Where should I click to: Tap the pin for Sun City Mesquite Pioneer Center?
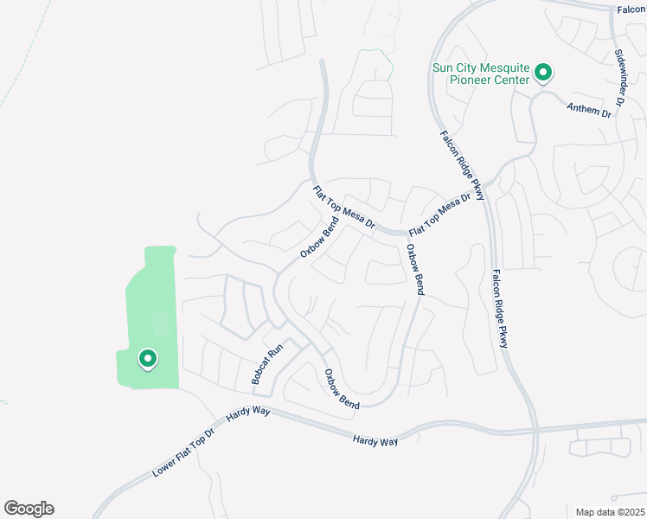[x=543, y=73]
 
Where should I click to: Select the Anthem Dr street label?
[x=589, y=110]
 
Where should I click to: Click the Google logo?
[x=29, y=509]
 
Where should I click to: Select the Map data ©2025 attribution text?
[x=609, y=511]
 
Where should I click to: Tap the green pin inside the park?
[x=147, y=357]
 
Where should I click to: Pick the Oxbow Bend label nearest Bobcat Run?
[x=342, y=389]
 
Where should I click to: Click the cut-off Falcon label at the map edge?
[x=632, y=10]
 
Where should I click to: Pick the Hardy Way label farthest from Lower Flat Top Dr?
[x=375, y=441]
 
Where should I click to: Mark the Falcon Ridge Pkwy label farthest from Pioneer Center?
[x=500, y=309]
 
